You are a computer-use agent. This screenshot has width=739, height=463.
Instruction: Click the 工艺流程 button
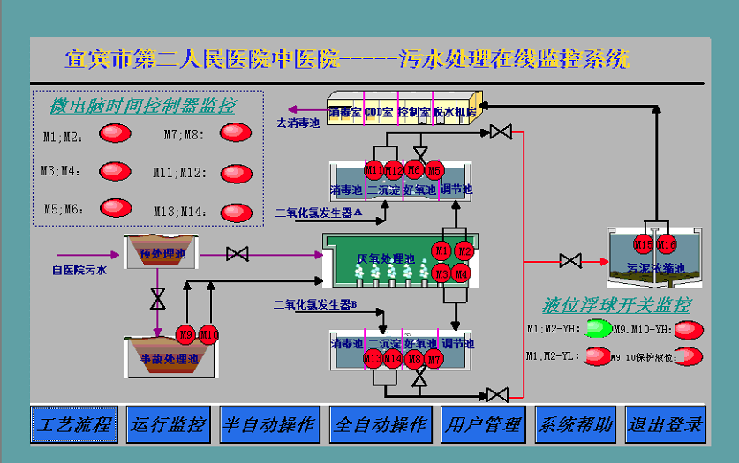coord(74,424)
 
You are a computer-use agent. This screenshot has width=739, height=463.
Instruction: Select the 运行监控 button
coord(169,424)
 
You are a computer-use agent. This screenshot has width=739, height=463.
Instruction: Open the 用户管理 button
coord(482,424)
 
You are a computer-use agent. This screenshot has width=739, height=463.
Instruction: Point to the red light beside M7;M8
coord(236,133)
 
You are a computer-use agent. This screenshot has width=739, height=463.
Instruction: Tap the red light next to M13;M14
coord(236,212)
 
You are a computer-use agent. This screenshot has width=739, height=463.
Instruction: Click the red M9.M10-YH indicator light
coord(689,330)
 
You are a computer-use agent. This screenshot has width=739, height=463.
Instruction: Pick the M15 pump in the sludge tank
coord(644,243)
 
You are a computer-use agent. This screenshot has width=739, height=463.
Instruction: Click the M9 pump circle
coord(186,334)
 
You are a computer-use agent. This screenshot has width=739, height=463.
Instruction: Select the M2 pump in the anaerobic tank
coord(464,251)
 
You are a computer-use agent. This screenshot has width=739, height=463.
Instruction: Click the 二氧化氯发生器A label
coord(319,213)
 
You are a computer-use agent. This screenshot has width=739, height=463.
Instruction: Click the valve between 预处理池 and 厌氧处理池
coord(237,254)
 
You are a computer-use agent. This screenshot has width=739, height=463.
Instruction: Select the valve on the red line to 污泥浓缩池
coord(570,261)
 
